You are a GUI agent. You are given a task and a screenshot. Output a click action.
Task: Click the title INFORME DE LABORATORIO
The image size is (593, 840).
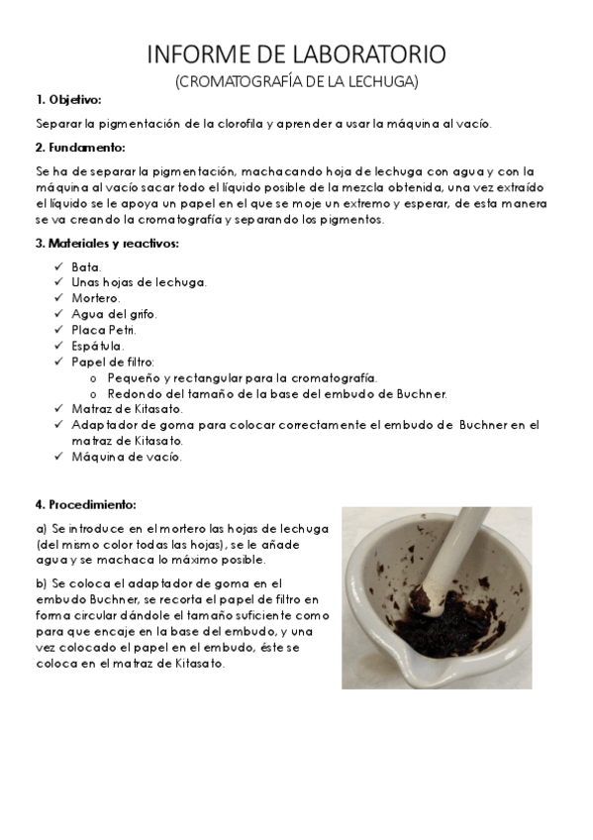pos(296,53)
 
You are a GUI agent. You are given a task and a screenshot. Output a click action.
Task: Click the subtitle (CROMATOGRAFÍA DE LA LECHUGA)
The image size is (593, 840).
pos(296,81)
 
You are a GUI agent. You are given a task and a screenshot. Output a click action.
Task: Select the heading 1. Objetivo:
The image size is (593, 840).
pos(68,100)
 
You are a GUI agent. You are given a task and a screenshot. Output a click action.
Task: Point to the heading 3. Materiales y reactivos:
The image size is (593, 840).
pos(108,243)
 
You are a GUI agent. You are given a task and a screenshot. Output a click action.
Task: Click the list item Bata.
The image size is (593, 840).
pos(86,267)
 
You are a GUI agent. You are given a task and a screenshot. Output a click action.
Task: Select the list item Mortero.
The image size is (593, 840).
pos(95,298)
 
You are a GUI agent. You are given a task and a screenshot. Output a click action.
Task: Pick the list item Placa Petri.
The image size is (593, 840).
pos(104,330)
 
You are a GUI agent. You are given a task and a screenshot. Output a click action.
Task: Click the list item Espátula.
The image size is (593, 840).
pos(98,346)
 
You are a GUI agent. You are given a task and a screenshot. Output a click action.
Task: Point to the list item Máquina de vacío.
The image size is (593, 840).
pos(126,457)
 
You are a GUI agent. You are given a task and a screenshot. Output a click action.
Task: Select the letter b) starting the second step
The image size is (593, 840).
pos(41,583)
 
